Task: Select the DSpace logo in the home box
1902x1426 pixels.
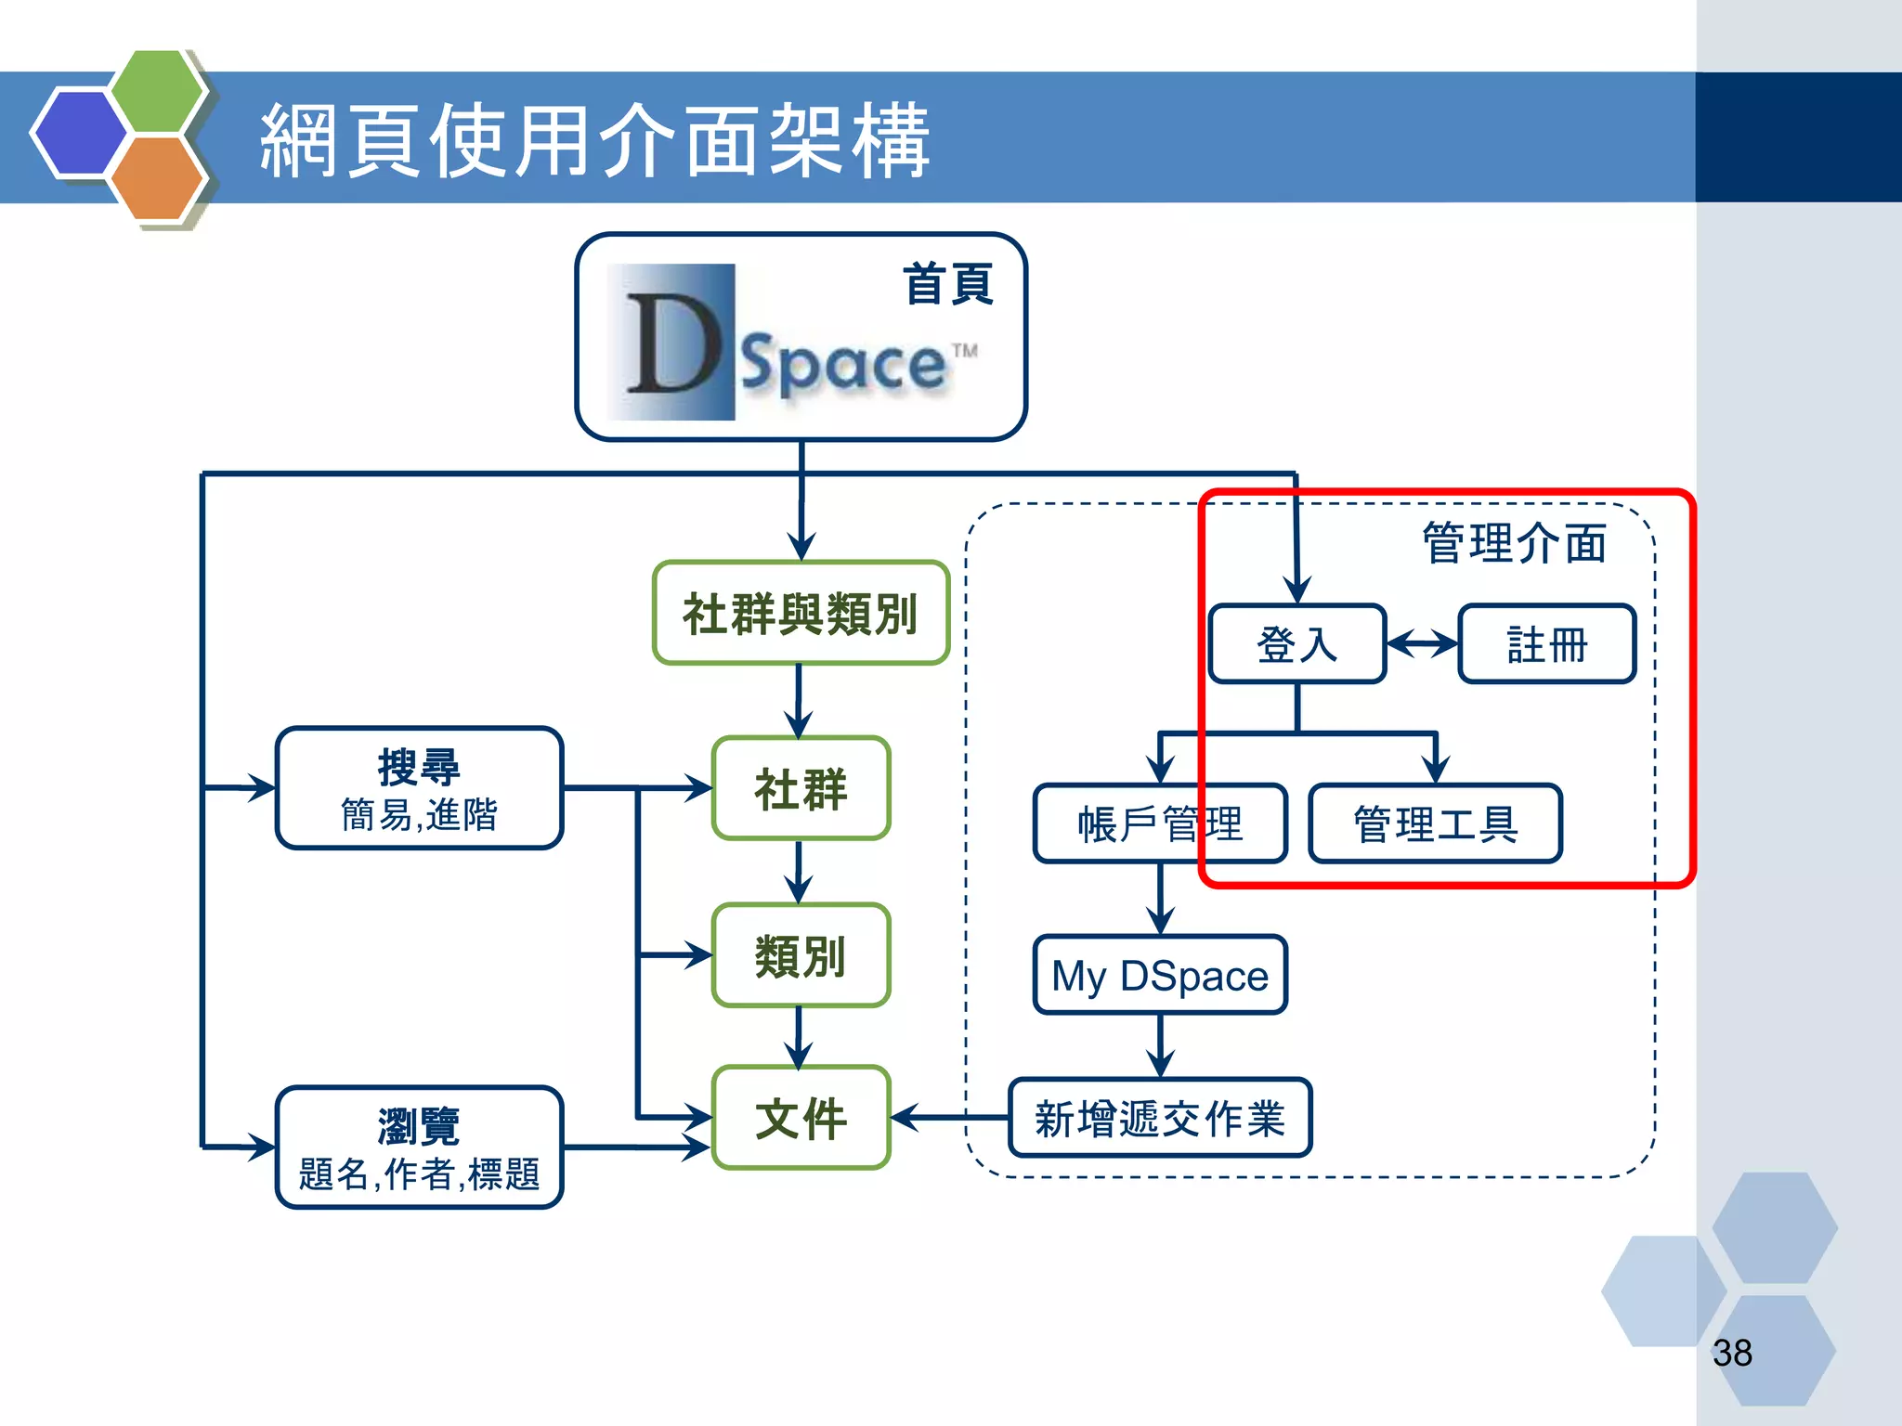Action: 789,344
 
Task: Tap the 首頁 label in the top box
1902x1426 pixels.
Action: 948,284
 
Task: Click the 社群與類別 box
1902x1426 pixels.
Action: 801,614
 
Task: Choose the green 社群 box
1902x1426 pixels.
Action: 801,788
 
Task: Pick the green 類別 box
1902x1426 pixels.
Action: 801,955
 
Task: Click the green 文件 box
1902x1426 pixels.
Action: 801,1118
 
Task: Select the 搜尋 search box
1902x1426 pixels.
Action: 419,788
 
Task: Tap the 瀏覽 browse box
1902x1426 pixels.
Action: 419,1147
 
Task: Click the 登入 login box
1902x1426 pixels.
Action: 1296,644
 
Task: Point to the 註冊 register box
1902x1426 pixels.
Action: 1546,644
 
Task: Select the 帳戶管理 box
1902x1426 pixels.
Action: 1160,823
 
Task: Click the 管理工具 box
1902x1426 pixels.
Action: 1435,823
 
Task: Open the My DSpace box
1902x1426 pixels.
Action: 1160,975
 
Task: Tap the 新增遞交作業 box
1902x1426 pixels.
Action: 1160,1118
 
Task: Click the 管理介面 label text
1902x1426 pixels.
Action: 1514,543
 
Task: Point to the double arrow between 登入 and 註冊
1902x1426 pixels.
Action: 1422,642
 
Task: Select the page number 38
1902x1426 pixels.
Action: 1732,1353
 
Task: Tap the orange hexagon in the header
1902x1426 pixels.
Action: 156,178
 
